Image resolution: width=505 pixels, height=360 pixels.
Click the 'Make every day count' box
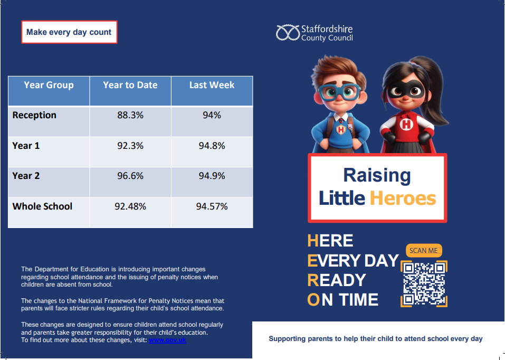tap(69, 32)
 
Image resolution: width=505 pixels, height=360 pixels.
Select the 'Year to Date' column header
tap(130, 85)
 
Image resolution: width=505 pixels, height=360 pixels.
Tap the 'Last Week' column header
tap(212, 85)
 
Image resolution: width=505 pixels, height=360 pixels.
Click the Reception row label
tap(34, 115)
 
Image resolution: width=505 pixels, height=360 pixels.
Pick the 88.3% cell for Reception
tap(130, 115)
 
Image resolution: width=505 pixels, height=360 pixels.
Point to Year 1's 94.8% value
tap(212, 146)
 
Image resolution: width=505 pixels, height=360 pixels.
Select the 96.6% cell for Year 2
tap(130, 176)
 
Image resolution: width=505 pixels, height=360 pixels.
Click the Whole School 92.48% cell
tap(130, 206)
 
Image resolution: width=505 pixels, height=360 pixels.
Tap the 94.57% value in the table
tap(212, 206)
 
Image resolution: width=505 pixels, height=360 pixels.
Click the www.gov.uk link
tap(167, 340)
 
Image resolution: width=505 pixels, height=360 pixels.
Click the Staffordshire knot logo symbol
tap(288, 33)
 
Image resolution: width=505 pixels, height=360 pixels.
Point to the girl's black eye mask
tap(405, 90)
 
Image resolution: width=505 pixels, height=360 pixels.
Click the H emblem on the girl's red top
tap(406, 124)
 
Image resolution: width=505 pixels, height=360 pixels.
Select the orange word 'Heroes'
tap(403, 198)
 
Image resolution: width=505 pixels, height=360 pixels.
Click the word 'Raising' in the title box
tap(377, 176)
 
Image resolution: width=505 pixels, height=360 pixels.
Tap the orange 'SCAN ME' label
tap(424, 250)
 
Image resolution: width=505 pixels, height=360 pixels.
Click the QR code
tap(424, 283)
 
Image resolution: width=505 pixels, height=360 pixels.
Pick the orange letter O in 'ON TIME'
tap(313, 300)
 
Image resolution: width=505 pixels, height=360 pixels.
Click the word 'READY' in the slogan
tap(337, 280)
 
